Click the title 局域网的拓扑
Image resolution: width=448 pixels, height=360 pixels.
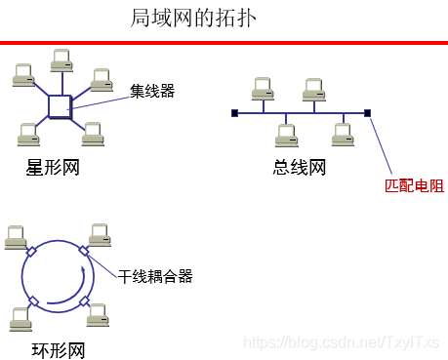(193, 18)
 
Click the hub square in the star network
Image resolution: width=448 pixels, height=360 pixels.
(60, 105)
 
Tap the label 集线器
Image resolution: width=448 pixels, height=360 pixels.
(152, 91)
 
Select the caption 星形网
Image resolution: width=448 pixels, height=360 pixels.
(52, 168)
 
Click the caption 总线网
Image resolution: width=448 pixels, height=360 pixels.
(299, 168)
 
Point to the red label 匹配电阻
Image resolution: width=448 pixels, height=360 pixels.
(414, 184)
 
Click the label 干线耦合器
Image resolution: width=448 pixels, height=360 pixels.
(155, 276)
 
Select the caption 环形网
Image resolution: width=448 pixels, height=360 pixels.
(52, 349)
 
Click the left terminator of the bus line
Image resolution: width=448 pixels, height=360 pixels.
(234, 114)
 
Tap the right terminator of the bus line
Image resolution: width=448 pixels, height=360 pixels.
(367, 114)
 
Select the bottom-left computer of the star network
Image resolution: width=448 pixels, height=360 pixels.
(26, 133)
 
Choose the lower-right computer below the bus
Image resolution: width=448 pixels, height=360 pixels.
(342, 135)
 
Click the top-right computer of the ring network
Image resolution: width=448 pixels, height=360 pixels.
(100, 234)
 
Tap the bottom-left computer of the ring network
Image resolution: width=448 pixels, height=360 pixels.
(18, 318)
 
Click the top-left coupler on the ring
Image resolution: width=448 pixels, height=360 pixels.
(32, 253)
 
